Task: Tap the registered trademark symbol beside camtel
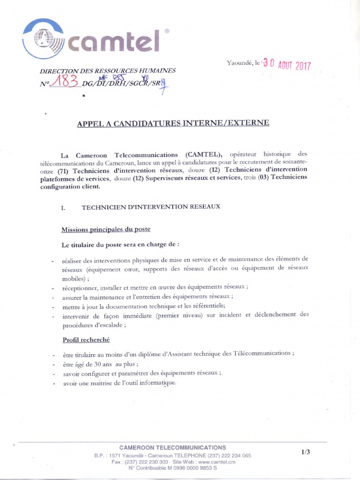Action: pos(167,31)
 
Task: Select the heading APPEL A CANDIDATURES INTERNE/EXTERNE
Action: pos(173,123)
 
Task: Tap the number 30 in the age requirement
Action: pos(98,364)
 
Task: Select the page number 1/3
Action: pos(306,452)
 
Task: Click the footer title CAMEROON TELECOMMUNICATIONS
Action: pos(172,448)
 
